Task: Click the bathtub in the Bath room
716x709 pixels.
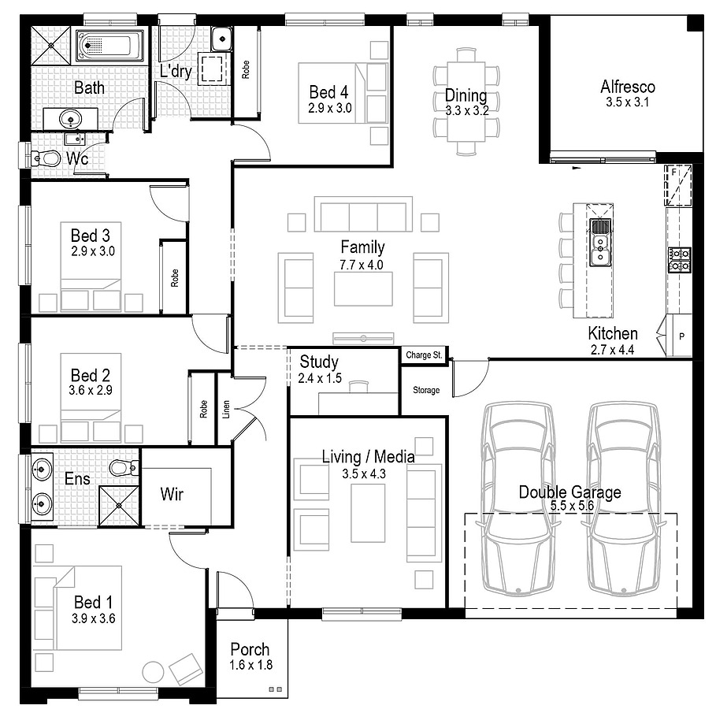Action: click(109, 45)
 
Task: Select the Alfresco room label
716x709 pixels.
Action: click(628, 87)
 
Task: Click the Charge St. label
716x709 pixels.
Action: click(424, 355)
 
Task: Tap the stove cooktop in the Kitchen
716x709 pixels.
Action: click(680, 260)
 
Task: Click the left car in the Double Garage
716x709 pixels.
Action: click(518, 499)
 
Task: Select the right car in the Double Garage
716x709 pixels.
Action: click(623, 499)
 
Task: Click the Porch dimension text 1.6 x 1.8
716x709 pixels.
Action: click(250, 665)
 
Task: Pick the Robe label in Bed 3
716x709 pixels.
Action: click(174, 278)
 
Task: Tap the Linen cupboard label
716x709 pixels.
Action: click(225, 410)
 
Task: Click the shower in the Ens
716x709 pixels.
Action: click(119, 505)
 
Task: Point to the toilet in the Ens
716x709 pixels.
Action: click(124, 467)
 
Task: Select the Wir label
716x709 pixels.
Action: click(172, 494)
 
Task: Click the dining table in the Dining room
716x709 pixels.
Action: click(466, 102)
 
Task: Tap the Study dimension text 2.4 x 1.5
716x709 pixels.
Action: click(320, 378)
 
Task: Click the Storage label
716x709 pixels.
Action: click(426, 390)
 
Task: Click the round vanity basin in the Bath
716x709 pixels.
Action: click(71, 120)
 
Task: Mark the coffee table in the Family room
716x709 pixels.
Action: click(363, 288)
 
